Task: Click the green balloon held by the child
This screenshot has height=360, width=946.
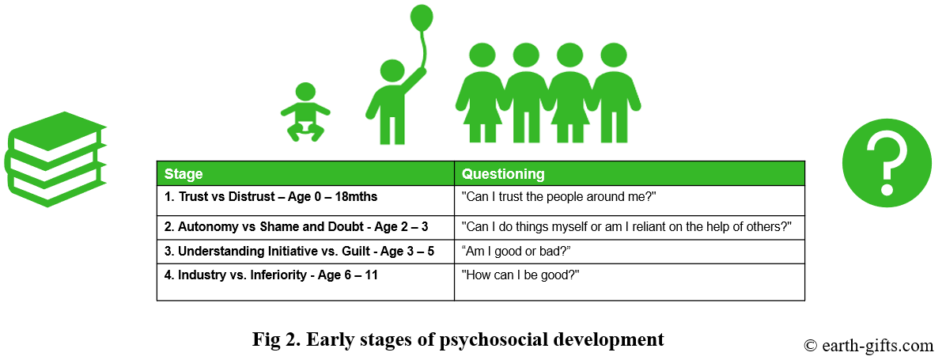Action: pos(421,17)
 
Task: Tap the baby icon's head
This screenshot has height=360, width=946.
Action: pos(305,93)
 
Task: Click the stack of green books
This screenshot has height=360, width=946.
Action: pos(55,159)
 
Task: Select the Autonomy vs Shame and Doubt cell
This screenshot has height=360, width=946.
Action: pos(305,228)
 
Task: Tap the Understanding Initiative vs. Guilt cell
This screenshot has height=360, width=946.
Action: pos(305,252)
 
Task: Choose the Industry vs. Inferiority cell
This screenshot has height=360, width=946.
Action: pos(305,282)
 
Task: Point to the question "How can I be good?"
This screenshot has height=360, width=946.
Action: pos(520,275)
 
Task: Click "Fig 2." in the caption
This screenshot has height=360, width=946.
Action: pos(277,339)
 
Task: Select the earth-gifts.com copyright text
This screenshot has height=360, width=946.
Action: pos(868,346)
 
